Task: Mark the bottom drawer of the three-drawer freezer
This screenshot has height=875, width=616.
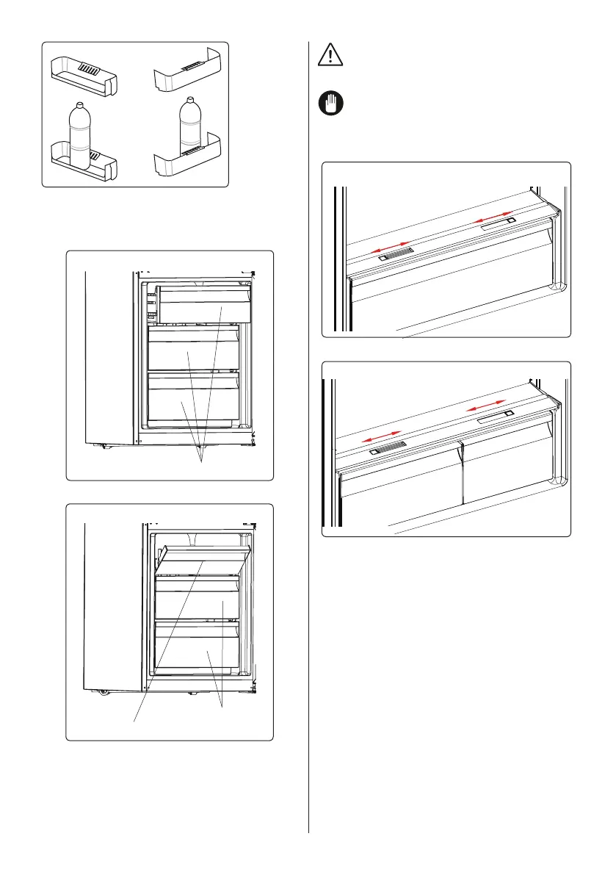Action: point(194,397)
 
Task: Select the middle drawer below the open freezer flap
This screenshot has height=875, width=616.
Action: point(197,599)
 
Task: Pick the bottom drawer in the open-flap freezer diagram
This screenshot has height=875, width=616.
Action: point(197,647)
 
